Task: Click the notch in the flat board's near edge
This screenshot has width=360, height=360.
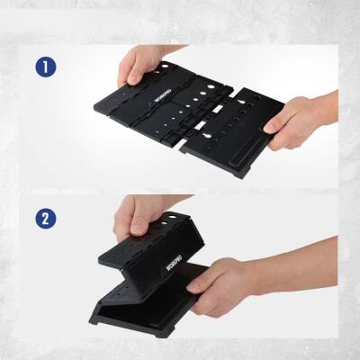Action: click(x=192, y=144)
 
